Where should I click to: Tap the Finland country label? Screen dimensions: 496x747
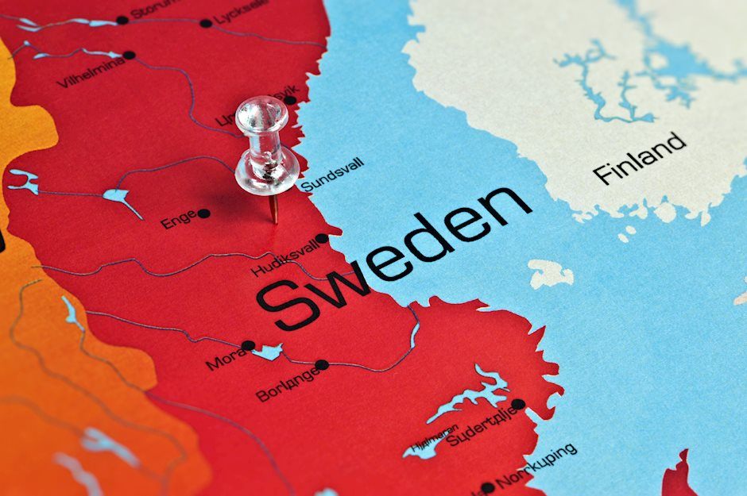click(x=639, y=158)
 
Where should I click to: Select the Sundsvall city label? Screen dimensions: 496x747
click(x=332, y=174)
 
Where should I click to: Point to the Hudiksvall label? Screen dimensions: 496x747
click(x=284, y=256)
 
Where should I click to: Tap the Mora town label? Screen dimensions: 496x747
click(x=223, y=358)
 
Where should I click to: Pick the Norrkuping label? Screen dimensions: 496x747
click(x=536, y=469)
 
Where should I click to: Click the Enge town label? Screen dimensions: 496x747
click(x=178, y=219)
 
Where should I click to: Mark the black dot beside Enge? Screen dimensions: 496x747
click(x=203, y=213)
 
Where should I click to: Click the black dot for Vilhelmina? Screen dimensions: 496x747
click(x=129, y=56)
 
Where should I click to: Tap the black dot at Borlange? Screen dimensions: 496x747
click(x=321, y=365)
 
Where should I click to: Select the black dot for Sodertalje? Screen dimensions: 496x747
click(x=517, y=404)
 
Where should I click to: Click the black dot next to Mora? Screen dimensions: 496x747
click(x=249, y=346)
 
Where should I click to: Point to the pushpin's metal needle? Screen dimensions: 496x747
click(x=273, y=209)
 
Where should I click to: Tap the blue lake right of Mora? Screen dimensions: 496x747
click(x=269, y=352)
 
